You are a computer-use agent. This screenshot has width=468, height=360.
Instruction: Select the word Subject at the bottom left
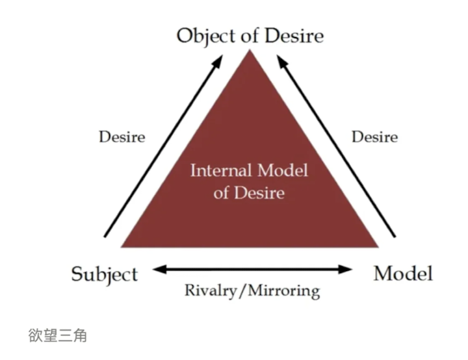[x=104, y=274]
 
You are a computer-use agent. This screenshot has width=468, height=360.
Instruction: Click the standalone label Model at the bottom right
[x=403, y=273]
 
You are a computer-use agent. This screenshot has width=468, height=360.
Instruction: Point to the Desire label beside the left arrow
[x=122, y=137]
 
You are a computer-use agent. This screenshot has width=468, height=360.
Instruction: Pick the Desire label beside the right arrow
[x=374, y=137]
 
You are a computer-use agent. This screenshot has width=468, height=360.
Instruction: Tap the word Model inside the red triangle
[x=282, y=172]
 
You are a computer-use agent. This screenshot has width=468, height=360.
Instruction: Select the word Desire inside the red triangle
[x=260, y=193]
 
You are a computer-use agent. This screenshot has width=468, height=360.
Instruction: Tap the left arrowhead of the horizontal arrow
[x=156, y=268]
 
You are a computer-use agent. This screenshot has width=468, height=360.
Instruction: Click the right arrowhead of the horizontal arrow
[x=350, y=268]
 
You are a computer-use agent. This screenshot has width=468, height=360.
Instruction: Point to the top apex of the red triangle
[x=249, y=50]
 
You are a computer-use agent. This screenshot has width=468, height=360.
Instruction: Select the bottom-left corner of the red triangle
[x=122, y=247]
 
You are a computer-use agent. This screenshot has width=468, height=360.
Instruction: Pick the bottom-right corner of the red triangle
[x=378, y=247]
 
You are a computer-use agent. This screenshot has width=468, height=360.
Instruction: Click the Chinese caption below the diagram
[x=57, y=336]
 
